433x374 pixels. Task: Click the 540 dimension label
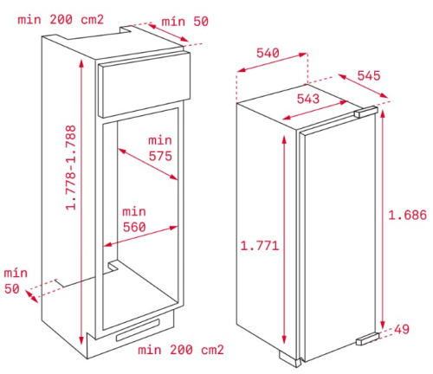tap(268, 53)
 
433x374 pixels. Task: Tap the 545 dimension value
tap(369, 75)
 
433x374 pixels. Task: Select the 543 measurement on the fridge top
tap(308, 99)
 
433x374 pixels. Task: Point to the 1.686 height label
tap(407, 215)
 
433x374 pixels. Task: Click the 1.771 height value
tap(260, 246)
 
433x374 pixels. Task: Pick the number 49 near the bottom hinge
tap(402, 329)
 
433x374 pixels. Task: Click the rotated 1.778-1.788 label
tap(71, 167)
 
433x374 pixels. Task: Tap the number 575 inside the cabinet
tap(160, 156)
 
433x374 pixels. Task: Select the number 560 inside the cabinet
tap(134, 227)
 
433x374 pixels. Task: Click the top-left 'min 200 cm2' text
tap(61, 20)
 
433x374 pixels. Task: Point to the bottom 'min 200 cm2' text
tap(181, 350)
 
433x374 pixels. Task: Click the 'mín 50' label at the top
tap(184, 22)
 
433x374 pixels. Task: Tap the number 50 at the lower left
tap(12, 288)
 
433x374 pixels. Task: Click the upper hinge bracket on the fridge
tap(366, 112)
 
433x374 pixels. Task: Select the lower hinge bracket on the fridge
tap(367, 339)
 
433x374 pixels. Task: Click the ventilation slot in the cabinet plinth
tap(138, 330)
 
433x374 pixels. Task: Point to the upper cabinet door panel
tap(144, 85)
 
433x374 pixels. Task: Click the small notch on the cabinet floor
tap(113, 266)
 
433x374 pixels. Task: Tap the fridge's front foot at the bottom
tap(290, 359)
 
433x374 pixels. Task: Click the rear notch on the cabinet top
tap(126, 29)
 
